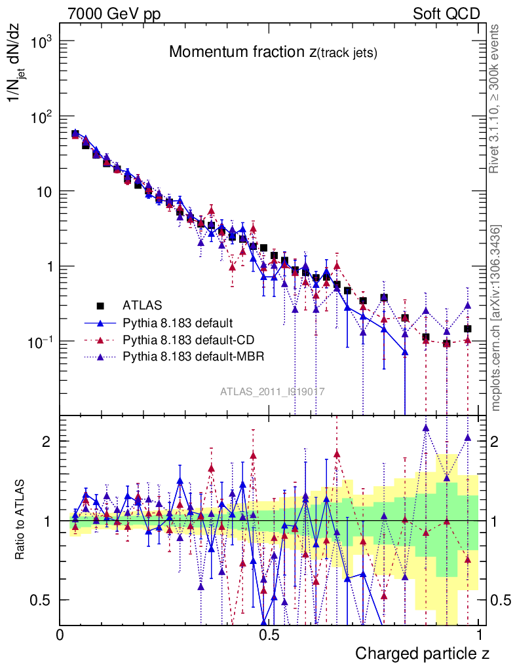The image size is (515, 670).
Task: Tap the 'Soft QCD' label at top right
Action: pos(446,14)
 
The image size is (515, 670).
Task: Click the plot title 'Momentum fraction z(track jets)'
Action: pos(273,52)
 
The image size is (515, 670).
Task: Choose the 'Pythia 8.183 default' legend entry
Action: pos(178,323)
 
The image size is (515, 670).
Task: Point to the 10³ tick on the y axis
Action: pos(41,41)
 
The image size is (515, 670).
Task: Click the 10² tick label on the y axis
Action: pos(41,116)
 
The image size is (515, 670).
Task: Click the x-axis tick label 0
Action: pos(60,635)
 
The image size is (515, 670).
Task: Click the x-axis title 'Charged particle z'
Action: pos(422,654)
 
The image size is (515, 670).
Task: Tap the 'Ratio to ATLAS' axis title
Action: pos(22,520)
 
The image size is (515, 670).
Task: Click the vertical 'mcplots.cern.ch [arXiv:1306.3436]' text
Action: pos(496,318)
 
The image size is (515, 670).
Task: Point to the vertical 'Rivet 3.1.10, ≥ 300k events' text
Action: pos(495,99)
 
